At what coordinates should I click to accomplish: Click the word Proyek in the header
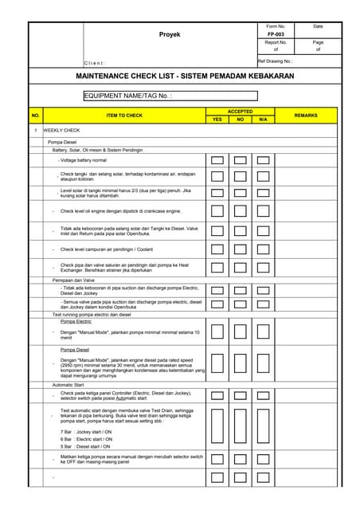click(170, 35)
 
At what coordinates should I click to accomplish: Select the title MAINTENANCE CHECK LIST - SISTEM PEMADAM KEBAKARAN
click(184, 76)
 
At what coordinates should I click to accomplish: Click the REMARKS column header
click(305, 116)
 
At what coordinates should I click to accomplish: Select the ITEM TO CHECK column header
click(124, 116)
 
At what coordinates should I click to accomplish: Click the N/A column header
click(263, 120)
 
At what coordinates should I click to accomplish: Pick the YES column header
click(217, 120)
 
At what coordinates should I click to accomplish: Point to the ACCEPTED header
click(240, 112)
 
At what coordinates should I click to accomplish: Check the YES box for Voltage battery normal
click(217, 160)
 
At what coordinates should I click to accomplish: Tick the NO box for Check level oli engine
click(240, 211)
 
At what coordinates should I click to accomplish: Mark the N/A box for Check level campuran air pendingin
click(263, 249)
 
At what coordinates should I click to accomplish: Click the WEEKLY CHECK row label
click(61, 130)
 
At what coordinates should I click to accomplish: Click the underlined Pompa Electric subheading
click(76, 321)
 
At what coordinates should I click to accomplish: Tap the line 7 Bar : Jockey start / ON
click(86, 431)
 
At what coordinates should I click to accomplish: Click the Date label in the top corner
click(318, 26)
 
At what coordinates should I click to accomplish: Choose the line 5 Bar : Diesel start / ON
click(86, 446)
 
